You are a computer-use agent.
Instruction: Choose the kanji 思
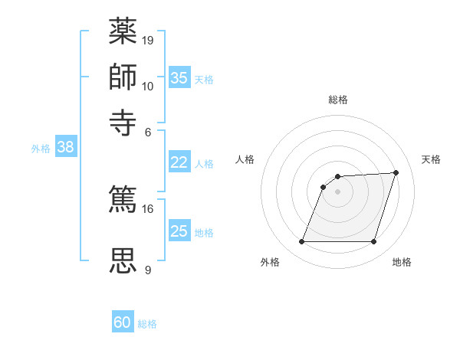(123, 260)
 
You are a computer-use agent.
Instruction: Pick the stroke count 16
(148, 209)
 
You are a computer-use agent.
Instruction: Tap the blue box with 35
(179, 77)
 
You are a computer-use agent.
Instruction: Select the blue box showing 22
(179, 162)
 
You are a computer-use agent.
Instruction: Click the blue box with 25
(179, 231)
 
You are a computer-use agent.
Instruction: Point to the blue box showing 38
(65, 148)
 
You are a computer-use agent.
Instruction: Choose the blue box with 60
(123, 322)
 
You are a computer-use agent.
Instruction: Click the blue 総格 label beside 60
(147, 324)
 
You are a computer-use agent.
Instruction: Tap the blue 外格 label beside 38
(41, 149)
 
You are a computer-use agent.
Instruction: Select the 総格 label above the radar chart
(337, 100)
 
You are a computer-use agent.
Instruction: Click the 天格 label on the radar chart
(431, 159)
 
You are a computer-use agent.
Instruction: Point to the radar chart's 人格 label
(245, 159)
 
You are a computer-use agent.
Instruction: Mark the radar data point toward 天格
(396, 172)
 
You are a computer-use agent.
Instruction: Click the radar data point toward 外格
(301, 242)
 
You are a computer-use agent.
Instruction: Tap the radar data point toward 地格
(373, 242)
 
